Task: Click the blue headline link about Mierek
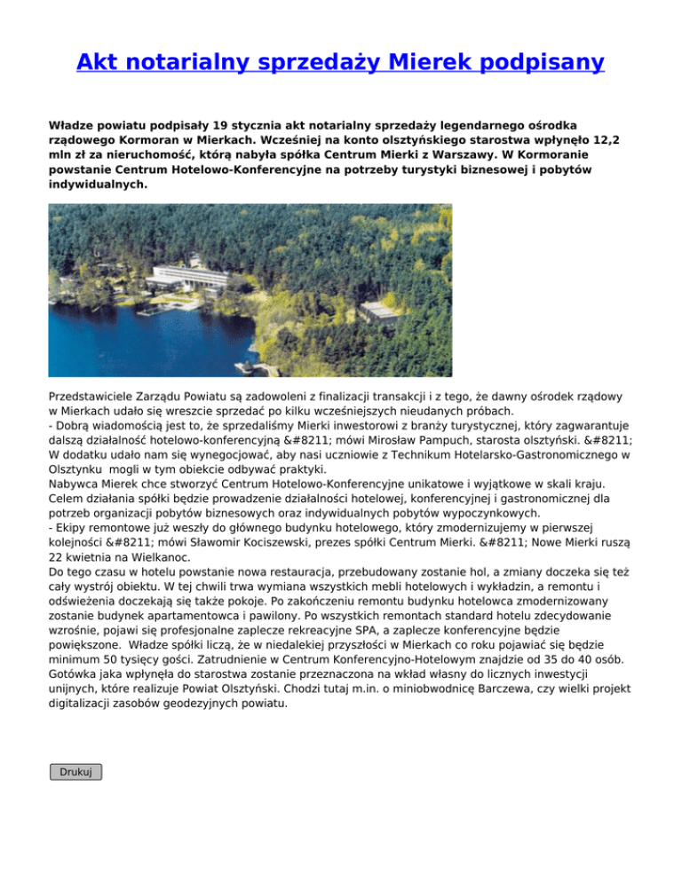pyautogui.click(x=340, y=62)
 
